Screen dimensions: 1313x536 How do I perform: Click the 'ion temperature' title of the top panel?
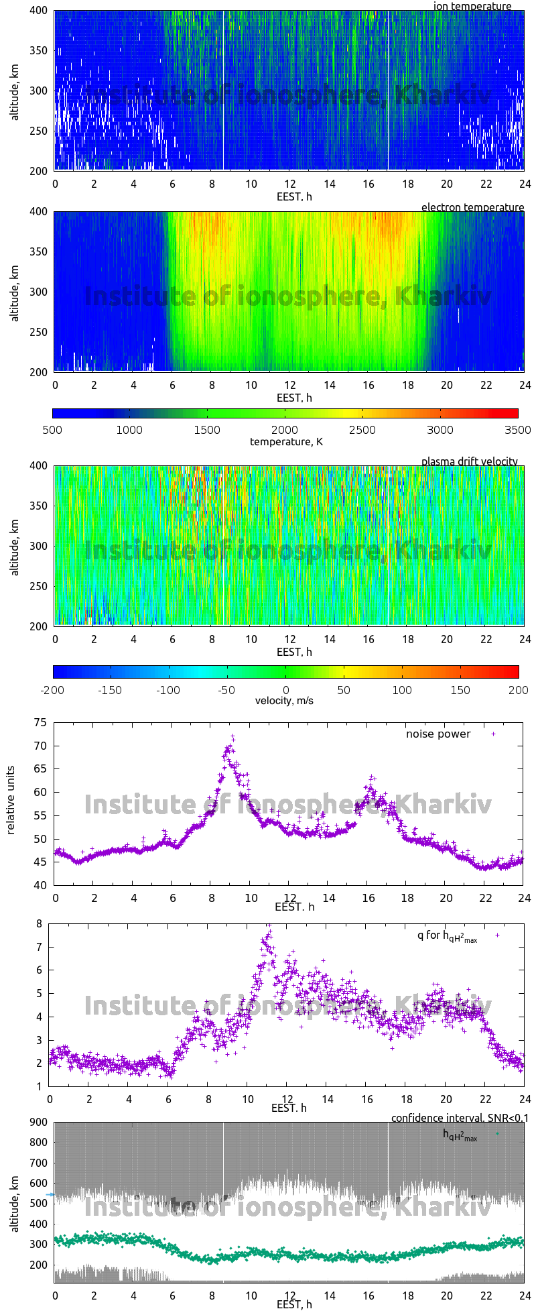[x=472, y=6]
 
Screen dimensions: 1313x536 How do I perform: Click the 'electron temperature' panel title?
[x=472, y=207]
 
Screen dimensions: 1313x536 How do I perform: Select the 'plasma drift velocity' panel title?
[x=469, y=461]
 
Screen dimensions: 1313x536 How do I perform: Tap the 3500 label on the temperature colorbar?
[x=517, y=430]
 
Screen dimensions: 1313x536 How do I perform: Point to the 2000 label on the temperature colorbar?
[x=285, y=430]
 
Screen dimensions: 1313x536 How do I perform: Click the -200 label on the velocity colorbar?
[x=53, y=689]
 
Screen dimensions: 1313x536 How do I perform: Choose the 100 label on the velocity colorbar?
[x=402, y=689]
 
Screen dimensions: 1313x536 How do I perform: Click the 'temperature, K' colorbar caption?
[x=286, y=441]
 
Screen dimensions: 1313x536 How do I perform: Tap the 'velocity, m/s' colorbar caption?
[x=284, y=701]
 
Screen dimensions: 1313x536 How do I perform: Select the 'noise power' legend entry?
[x=438, y=734]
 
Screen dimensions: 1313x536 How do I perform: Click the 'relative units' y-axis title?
[x=11, y=803]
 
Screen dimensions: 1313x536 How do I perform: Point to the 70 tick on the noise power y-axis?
[x=41, y=746]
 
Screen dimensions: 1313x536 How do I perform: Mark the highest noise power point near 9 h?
[x=233, y=736]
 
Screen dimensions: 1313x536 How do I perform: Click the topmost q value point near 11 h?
[x=269, y=925]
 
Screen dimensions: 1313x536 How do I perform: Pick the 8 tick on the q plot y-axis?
[x=40, y=923]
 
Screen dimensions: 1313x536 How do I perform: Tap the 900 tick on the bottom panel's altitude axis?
[x=38, y=1123]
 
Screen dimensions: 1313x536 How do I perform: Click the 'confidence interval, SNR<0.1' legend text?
[x=460, y=1118]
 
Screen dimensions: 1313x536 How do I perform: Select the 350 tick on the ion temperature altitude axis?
[x=38, y=50]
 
